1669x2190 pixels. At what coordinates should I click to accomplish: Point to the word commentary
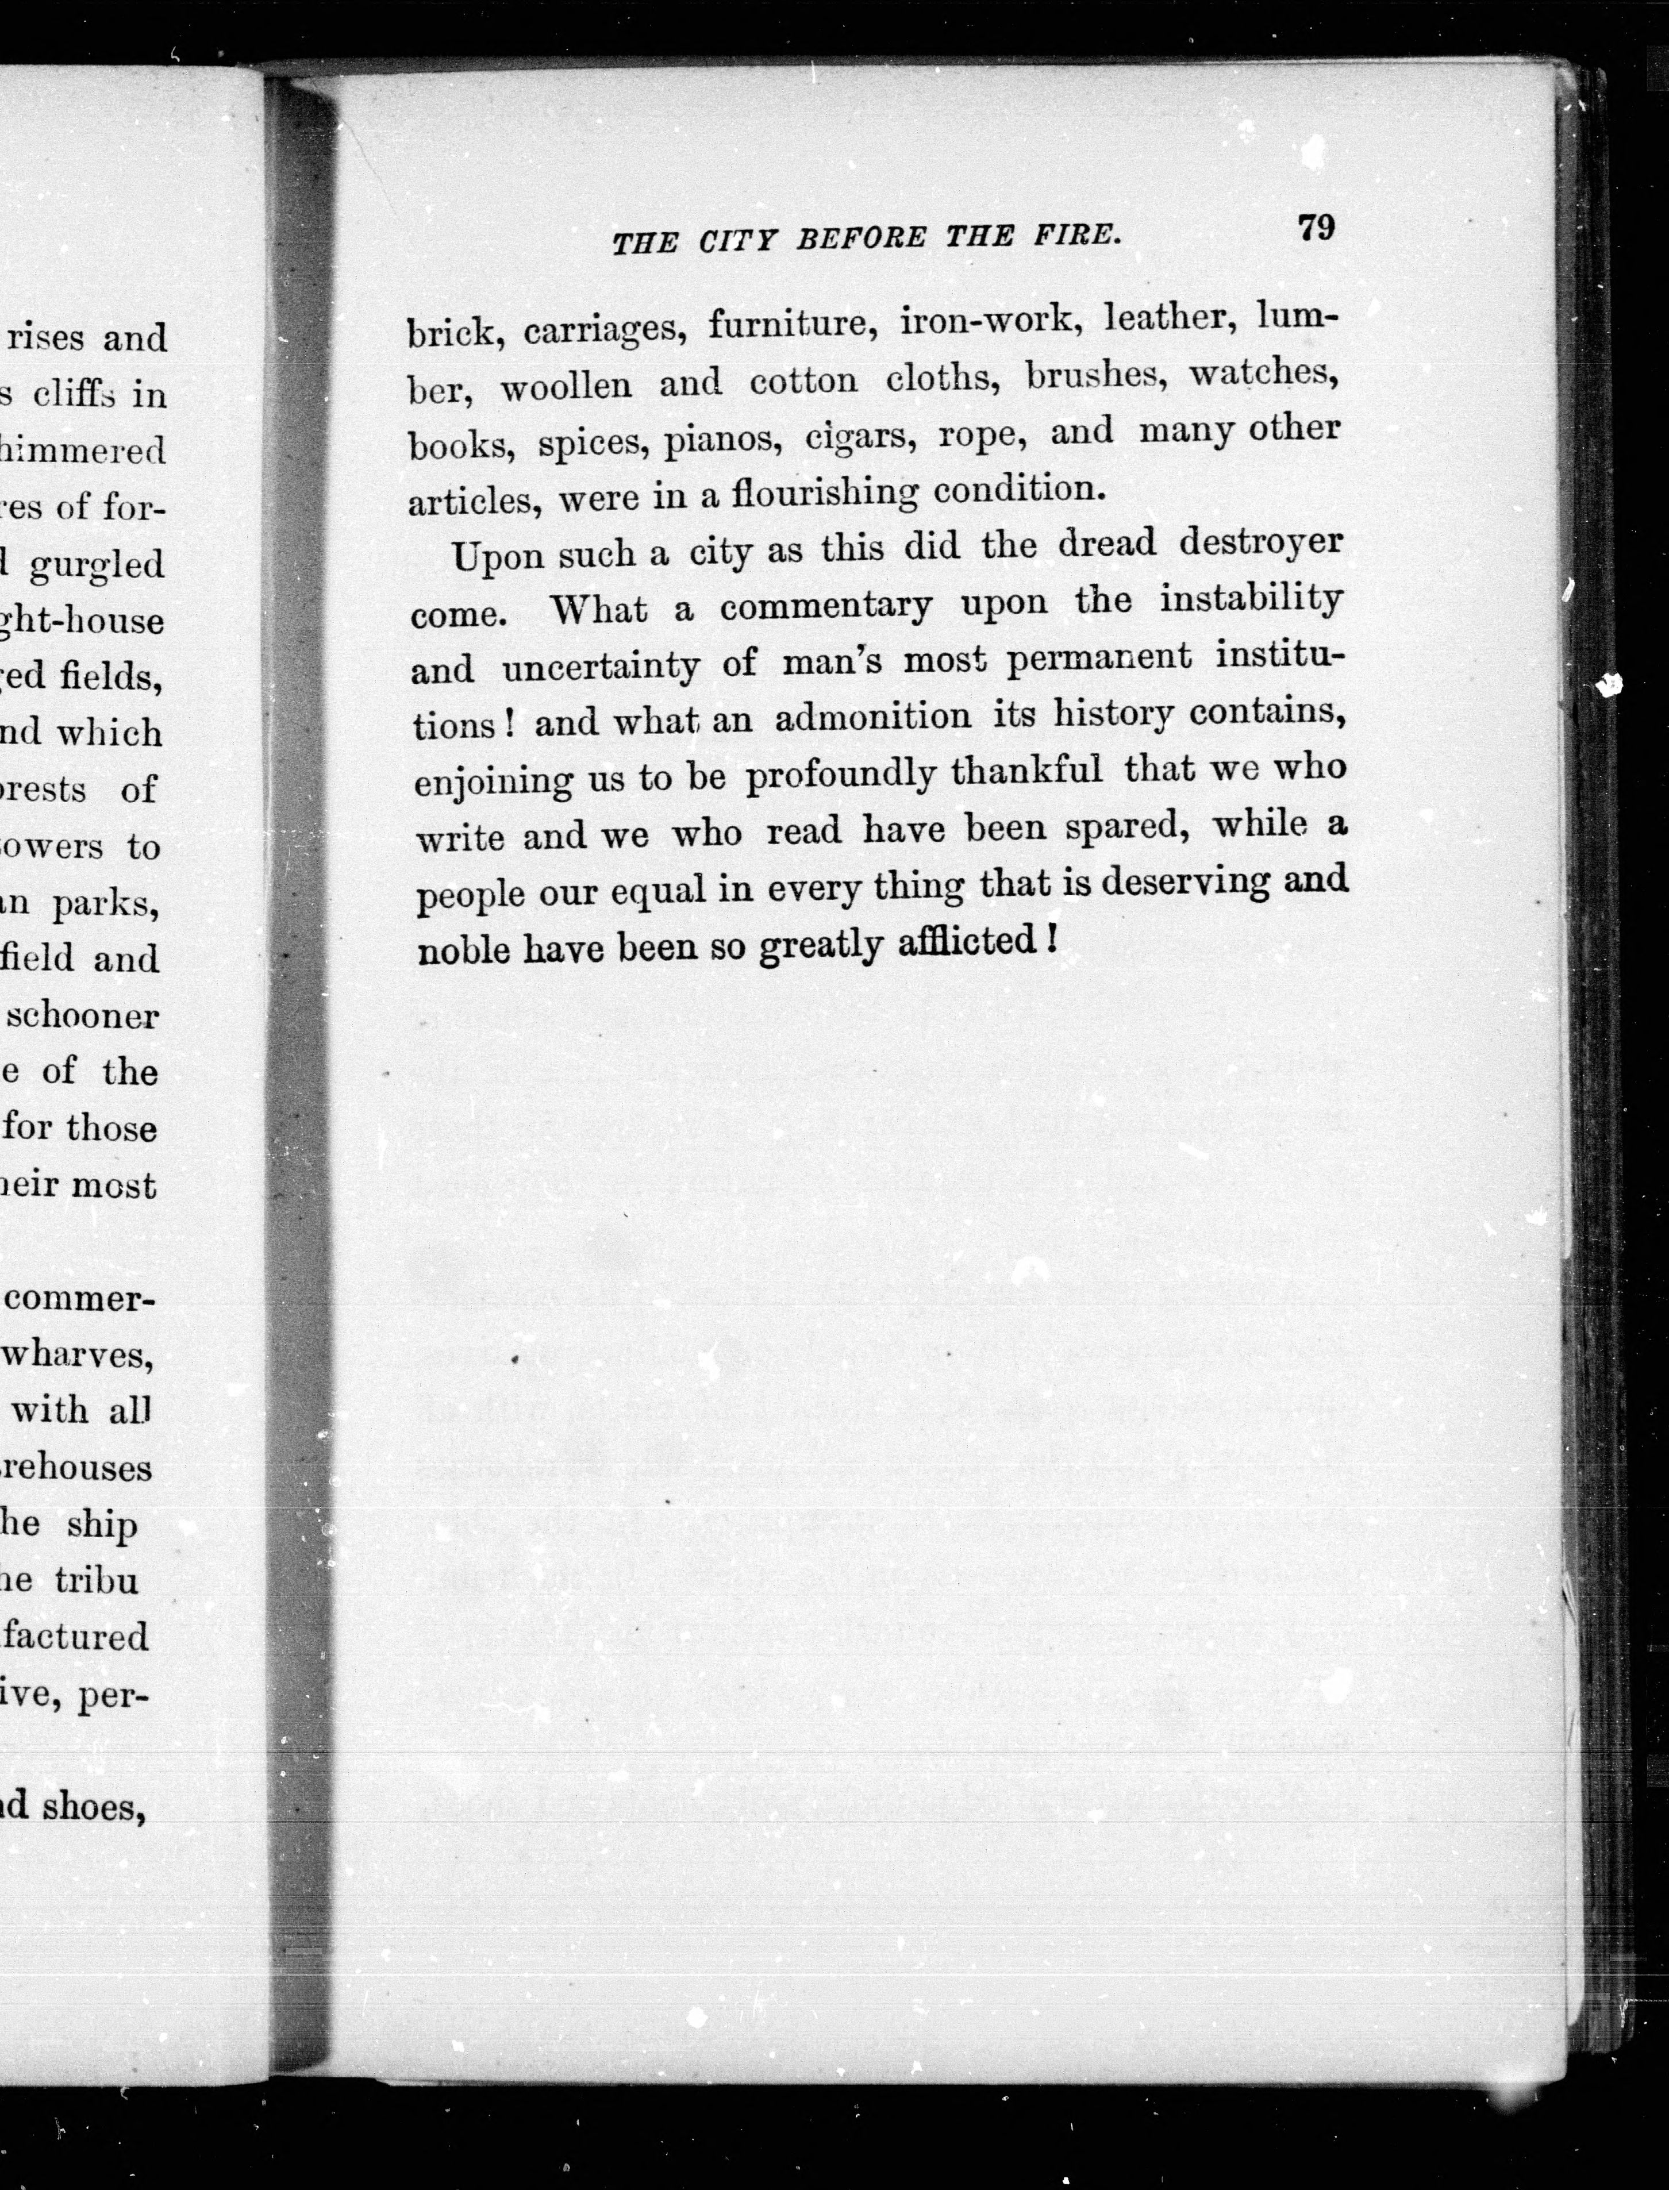pos(825,605)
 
